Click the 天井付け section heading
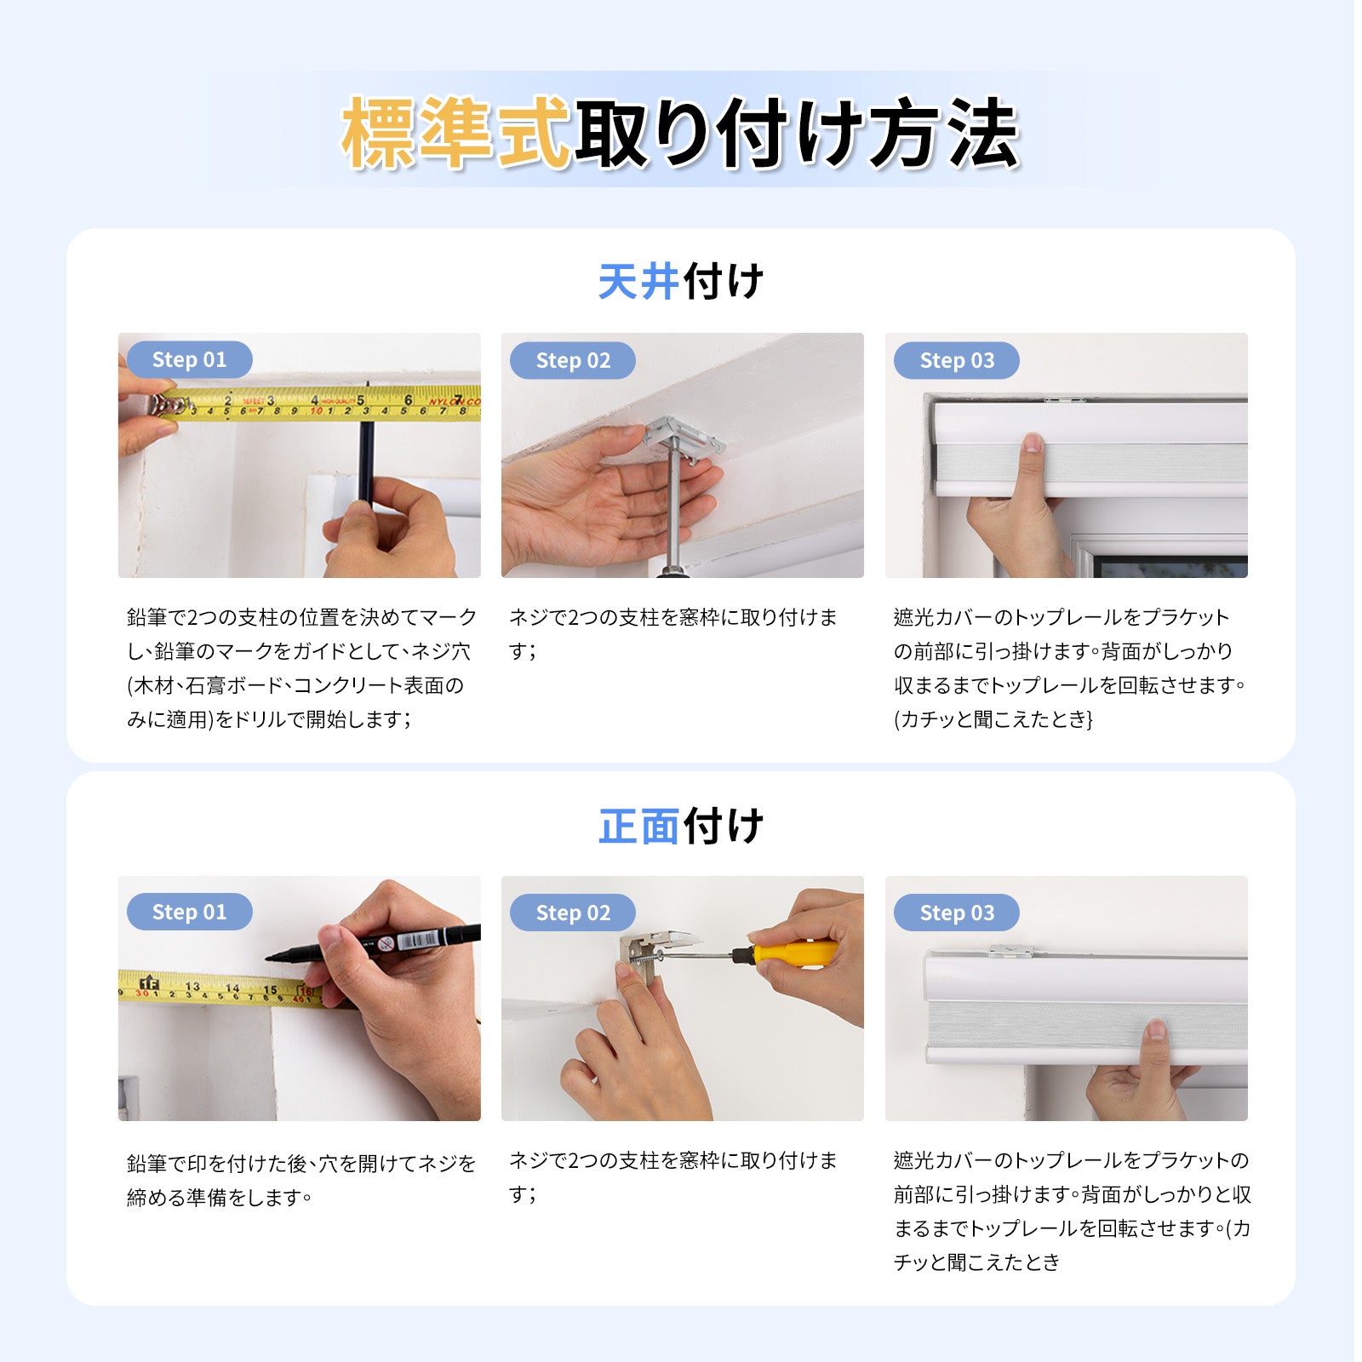pyautogui.click(x=680, y=282)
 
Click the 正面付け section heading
pyautogui.click(x=680, y=826)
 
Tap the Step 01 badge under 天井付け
pyautogui.click(x=189, y=360)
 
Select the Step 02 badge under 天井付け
pyautogui.click(x=573, y=361)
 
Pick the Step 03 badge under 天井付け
pyautogui.click(x=957, y=361)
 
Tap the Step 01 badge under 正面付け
pyautogui.click(x=189, y=912)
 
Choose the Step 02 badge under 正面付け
pyautogui.click(x=573, y=913)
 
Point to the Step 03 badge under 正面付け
pyautogui.click(x=957, y=913)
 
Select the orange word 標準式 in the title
pyautogui.click(x=455, y=134)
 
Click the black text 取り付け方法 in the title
pyautogui.click(x=797, y=134)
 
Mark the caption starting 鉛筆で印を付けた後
pyautogui.click(x=301, y=1180)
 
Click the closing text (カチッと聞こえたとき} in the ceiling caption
pyautogui.click(x=993, y=719)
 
